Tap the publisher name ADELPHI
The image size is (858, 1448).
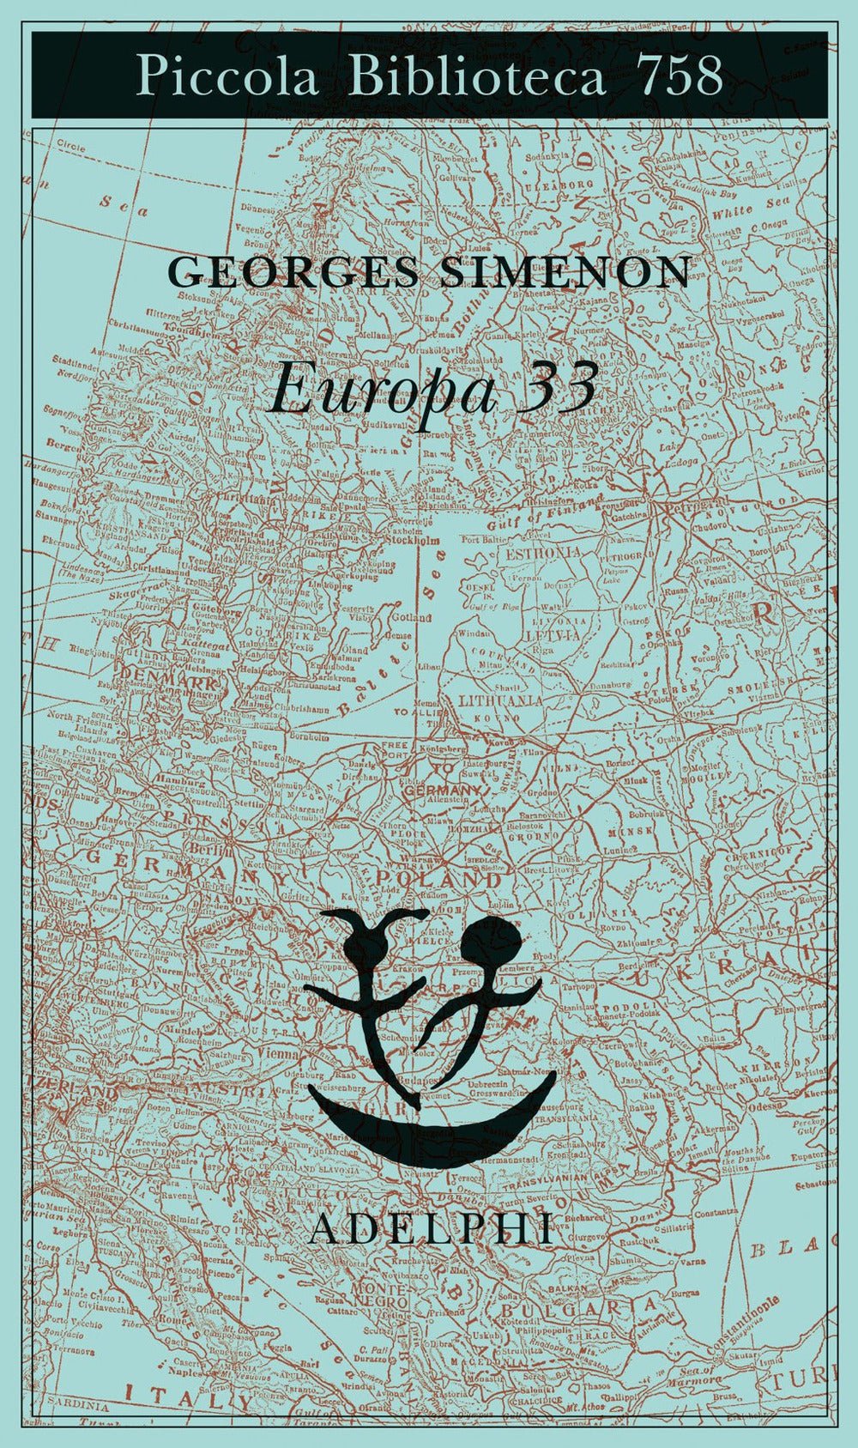point(430,1231)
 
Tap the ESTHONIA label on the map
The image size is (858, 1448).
point(543,554)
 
